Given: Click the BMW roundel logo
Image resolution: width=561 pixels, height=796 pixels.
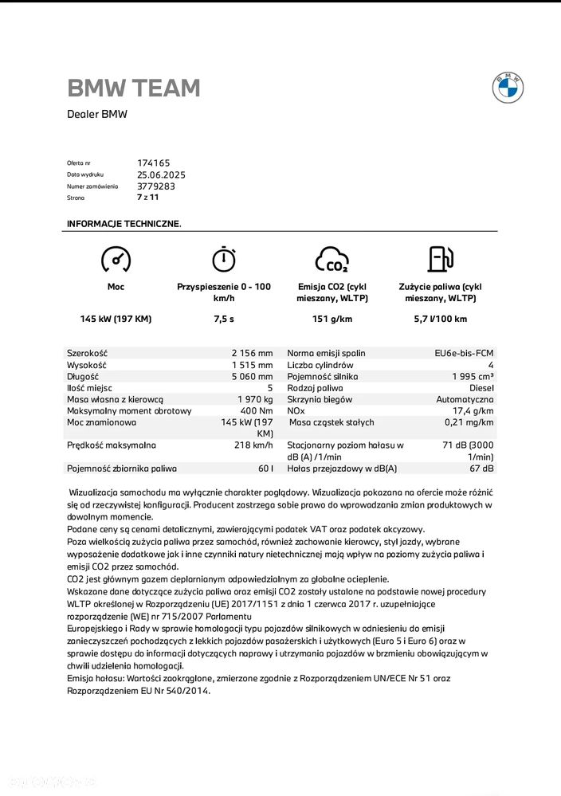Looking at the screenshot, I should click(x=508, y=88).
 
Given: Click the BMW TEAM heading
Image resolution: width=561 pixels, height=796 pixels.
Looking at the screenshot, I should click(x=134, y=88).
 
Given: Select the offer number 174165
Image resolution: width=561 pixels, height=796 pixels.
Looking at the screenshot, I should click(x=154, y=163).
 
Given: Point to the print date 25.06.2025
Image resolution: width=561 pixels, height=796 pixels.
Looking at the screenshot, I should click(x=161, y=174).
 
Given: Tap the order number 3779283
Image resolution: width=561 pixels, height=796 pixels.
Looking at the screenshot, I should click(x=156, y=186).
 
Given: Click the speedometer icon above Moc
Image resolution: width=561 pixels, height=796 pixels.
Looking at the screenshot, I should click(x=116, y=259).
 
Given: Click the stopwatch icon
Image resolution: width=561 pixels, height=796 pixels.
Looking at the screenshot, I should click(x=223, y=258).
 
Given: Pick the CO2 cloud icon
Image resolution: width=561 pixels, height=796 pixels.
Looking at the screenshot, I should click(x=331, y=259).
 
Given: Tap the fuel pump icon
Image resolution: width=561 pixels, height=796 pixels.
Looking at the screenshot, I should click(x=440, y=259).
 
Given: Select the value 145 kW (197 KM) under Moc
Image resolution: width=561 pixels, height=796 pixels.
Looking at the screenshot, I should click(x=116, y=319).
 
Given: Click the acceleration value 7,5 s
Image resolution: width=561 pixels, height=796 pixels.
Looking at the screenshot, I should click(x=224, y=319).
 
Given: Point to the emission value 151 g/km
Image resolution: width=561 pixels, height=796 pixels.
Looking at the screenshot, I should click(x=331, y=319).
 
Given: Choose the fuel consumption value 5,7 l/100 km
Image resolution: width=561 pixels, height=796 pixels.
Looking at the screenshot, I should click(x=440, y=319).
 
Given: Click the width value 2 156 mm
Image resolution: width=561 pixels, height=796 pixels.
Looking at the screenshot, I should click(x=252, y=353).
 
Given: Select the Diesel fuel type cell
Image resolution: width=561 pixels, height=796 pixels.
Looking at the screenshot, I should click(x=478, y=388).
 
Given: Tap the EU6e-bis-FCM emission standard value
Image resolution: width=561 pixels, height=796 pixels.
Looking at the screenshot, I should click(x=464, y=353).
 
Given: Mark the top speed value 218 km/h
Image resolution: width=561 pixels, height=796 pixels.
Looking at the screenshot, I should click(x=253, y=445).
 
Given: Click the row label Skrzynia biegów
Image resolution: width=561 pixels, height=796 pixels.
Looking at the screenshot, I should click(x=320, y=399).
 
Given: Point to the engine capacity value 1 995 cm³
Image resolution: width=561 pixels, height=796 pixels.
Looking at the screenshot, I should click(x=473, y=376).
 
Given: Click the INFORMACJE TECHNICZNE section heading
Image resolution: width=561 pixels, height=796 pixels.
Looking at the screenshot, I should click(x=124, y=224).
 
